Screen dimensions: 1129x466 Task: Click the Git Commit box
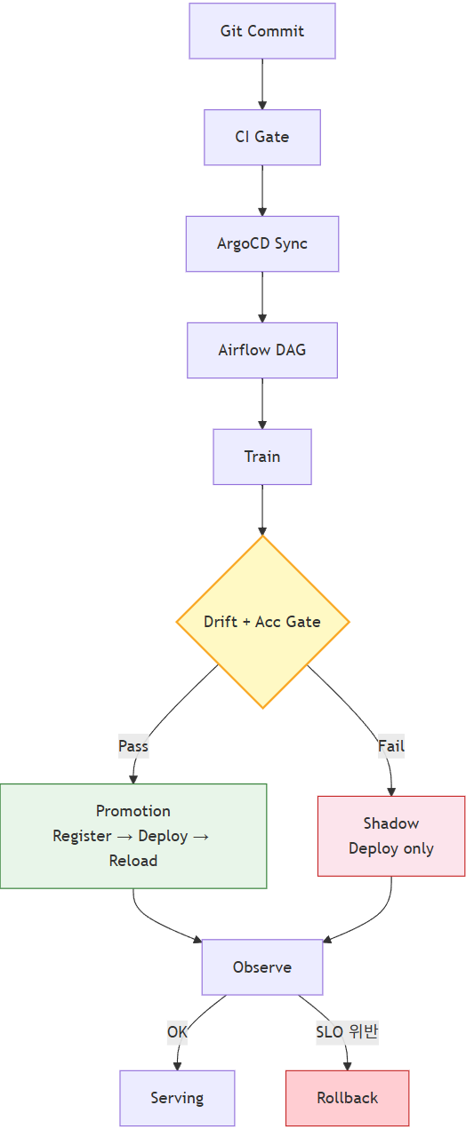click(x=261, y=31)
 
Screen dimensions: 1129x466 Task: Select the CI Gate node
click(x=261, y=138)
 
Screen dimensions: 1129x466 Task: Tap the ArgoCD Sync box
click(x=261, y=243)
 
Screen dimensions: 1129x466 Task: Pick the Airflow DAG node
click(x=261, y=350)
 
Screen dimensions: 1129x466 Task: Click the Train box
click(x=261, y=457)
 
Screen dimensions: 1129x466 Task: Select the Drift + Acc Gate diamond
click(x=262, y=622)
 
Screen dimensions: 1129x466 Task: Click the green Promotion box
click(x=133, y=836)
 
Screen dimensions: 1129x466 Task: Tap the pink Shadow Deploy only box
click(x=390, y=836)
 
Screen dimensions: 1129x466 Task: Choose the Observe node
click(x=261, y=967)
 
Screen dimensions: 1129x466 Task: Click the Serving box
click(x=177, y=1098)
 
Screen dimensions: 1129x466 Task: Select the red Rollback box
click(x=347, y=1098)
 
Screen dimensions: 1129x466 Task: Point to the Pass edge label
click(x=133, y=746)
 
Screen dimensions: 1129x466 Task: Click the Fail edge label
click(x=390, y=746)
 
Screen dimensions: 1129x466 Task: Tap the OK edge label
click(x=177, y=1032)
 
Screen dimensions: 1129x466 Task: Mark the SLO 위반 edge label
click(x=347, y=1032)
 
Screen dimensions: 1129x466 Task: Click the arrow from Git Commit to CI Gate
click(x=261, y=84)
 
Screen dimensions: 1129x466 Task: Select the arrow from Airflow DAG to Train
click(x=261, y=403)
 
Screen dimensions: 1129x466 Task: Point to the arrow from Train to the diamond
click(x=261, y=510)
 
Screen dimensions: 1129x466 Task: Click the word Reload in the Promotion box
click(x=133, y=861)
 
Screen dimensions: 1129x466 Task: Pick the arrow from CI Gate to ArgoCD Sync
click(x=261, y=190)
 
